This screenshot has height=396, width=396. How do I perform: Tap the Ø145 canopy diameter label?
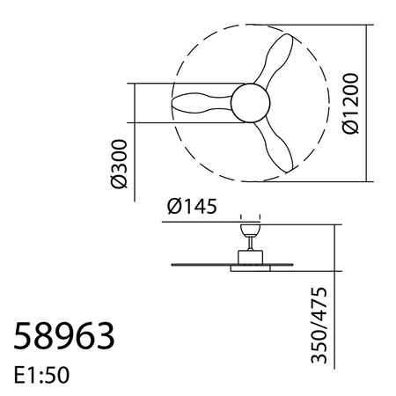[x=191, y=207]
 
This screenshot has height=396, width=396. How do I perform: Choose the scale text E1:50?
[x=42, y=374]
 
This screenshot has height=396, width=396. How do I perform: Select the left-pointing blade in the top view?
[x=199, y=102]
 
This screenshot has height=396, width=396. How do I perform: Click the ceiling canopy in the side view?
[x=249, y=228]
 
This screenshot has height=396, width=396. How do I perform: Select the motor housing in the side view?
[x=249, y=256]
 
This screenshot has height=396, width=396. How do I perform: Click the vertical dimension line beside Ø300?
[x=134, y=141]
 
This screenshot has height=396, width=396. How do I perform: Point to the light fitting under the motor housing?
[x=249, y=268]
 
